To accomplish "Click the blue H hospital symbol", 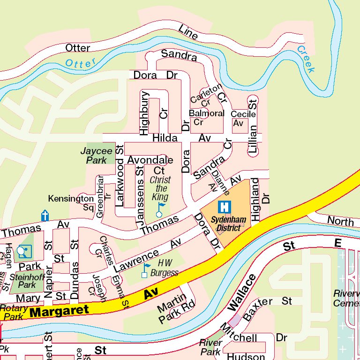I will [225, 206].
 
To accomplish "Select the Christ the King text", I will [160, 188].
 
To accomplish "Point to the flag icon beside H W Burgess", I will [146, 270].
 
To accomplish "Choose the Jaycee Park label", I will [96, 156].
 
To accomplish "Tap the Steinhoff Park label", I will [23, 280].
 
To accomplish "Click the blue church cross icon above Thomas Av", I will [45, 215].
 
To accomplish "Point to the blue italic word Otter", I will [81, 62].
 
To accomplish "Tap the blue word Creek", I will [306, 59].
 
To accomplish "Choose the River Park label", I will [210, 347].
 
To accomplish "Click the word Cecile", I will [243, 114].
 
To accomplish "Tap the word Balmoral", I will [206, 113].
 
